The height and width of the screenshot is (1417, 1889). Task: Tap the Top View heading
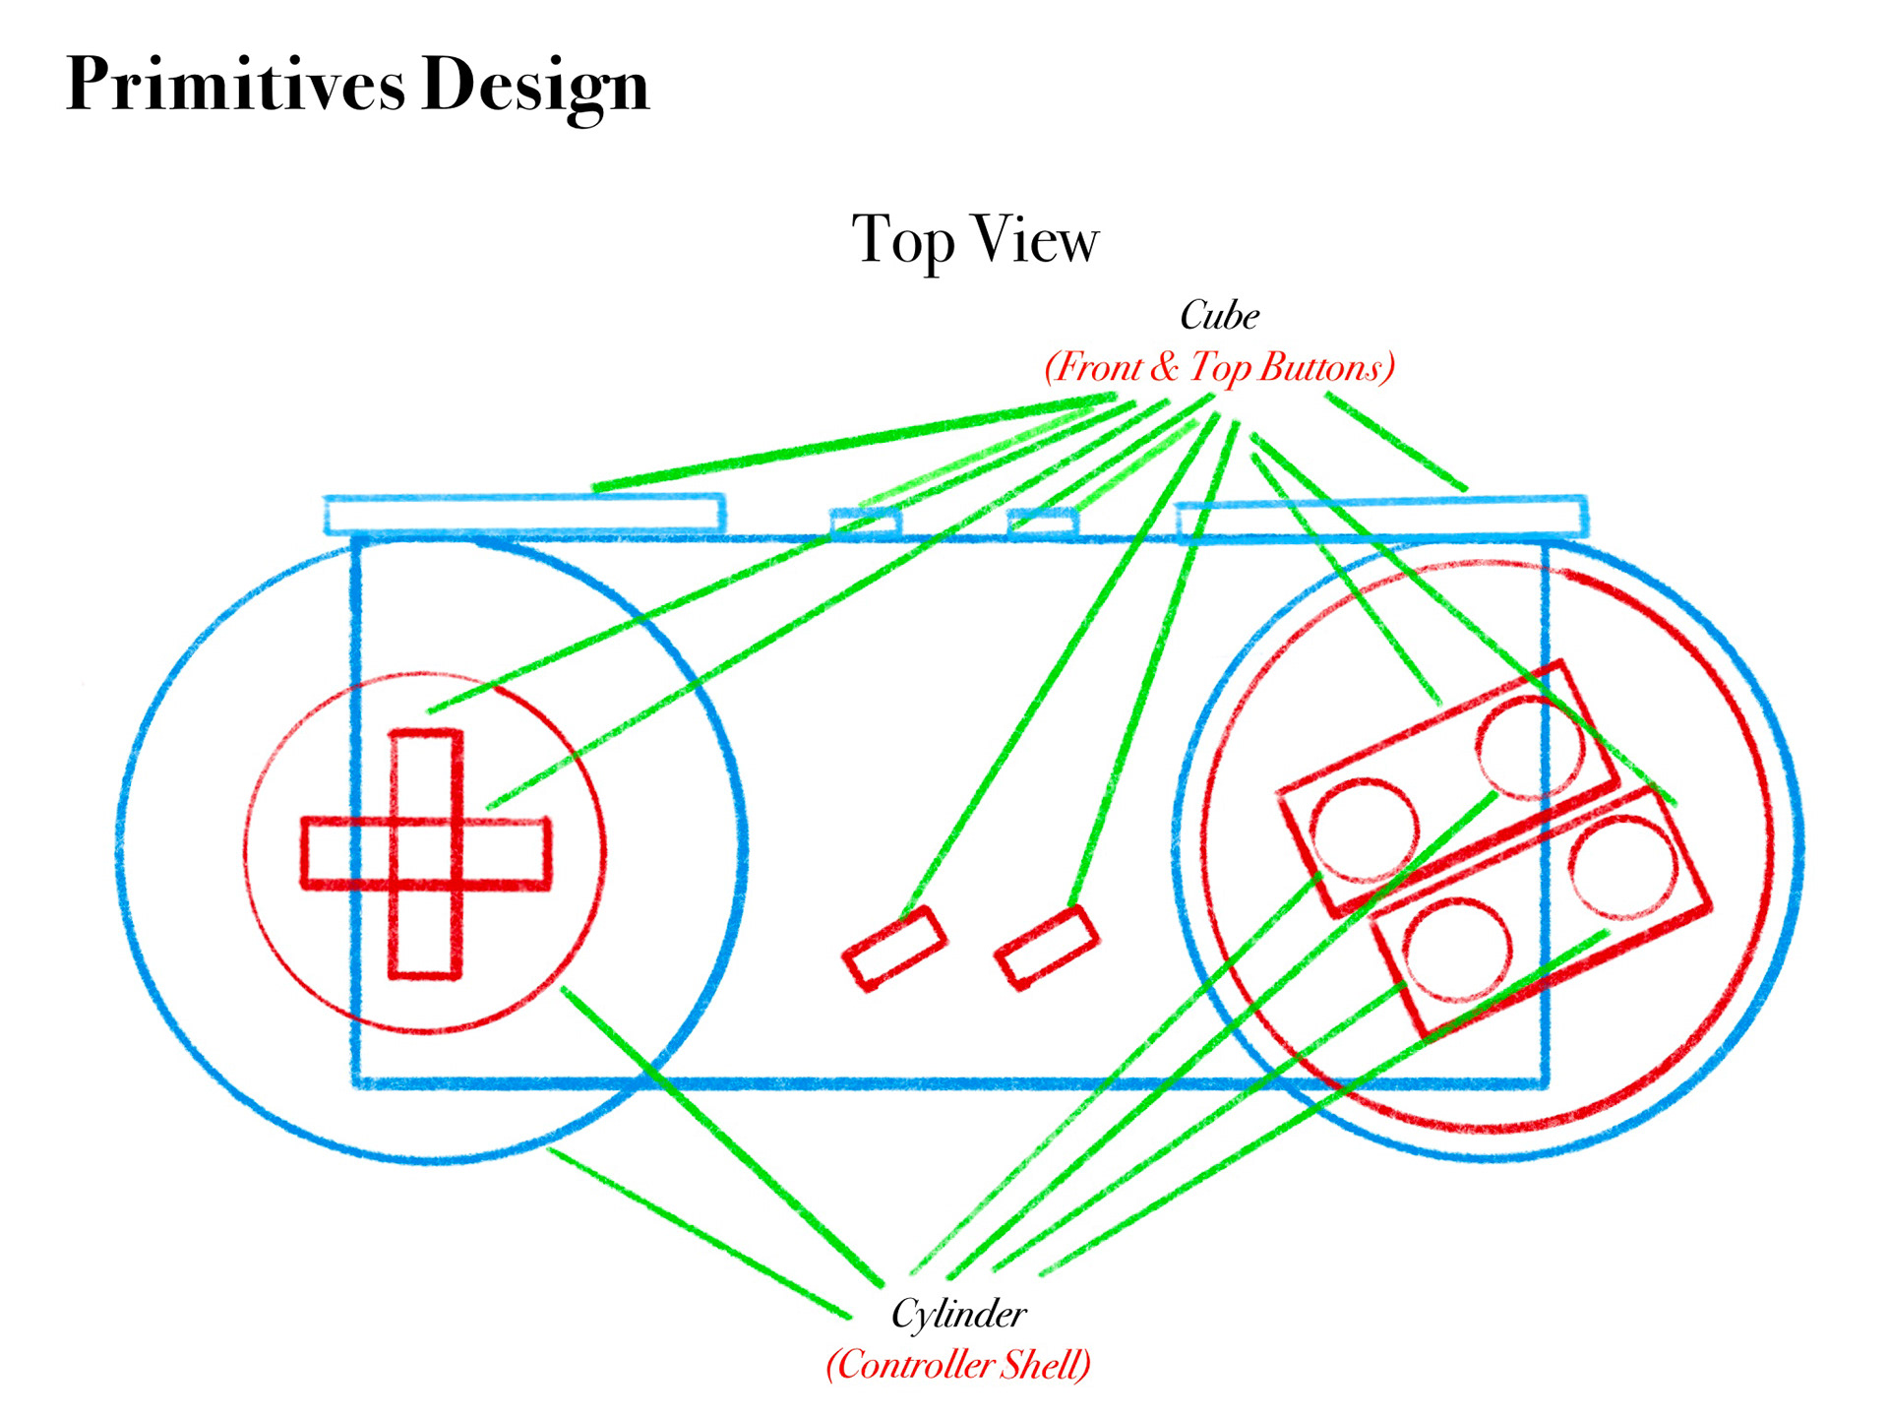click(x=974, y=239)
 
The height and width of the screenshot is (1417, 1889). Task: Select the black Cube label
click(x=1219, y=316)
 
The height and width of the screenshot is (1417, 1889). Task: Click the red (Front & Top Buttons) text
click(x=1219, y=367)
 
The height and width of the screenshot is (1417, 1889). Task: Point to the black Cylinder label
click(x=958, y=1314)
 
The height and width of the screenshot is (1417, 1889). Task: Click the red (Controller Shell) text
click(x=958, y=1365)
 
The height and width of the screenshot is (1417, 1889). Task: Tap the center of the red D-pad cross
click(x=426, y=853)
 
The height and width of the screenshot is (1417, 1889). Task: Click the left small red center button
click(x=894, y=948)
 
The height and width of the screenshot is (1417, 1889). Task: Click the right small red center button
click(x=1046, y=947)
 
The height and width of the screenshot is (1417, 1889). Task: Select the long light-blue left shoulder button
click(x=524, y=515)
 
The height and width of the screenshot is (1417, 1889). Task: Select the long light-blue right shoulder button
click(x=1381, y=520)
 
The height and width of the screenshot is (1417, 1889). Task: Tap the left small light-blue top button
click(x=866, y=523)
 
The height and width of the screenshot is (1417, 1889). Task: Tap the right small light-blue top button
click(x=1042, y=523)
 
